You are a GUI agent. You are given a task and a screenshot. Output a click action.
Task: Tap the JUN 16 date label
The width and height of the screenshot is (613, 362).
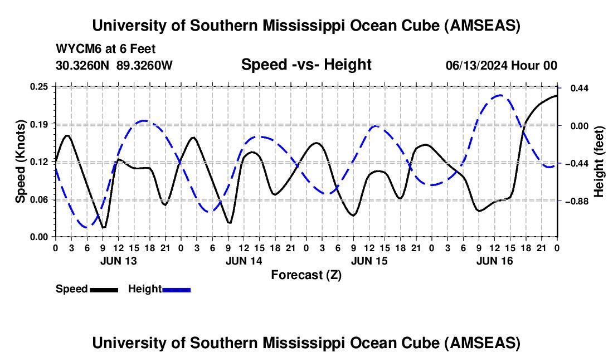[x=494, y=261]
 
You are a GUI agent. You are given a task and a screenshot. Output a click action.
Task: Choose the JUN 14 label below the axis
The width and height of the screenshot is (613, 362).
[x=244, y=261]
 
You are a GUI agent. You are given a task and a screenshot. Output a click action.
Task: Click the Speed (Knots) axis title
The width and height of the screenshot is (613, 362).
[x=20, y=162]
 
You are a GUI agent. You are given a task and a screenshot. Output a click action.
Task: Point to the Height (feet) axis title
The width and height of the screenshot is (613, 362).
[x=599, y=162]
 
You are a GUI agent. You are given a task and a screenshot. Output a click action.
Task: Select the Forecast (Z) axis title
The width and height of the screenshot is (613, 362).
[x=306, y=275]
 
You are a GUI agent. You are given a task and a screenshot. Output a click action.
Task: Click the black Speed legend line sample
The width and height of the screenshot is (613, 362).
[x=104, y=290]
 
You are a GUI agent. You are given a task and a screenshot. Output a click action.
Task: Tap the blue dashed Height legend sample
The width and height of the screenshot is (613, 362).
[x=176, y=290]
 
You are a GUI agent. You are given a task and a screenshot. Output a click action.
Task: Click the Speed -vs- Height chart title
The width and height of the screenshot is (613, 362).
[x=306, y=65]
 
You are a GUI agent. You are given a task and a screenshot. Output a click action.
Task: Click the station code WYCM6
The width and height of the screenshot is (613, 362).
[x=75, y=48]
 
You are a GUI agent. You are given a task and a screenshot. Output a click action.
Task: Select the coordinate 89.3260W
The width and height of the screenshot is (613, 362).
[x=145, y=65]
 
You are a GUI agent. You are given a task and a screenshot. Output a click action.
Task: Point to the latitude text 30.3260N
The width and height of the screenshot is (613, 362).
[x=83, y=65]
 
